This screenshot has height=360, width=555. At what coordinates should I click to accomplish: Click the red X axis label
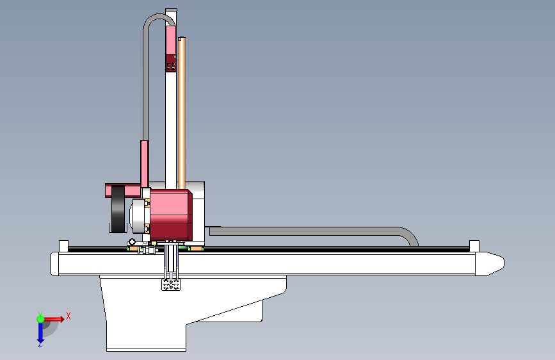click(x=68, y=316)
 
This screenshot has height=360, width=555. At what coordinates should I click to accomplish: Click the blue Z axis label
click(x=40, y=344)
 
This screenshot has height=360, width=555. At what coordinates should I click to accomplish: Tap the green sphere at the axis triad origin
click(x=40, y=319)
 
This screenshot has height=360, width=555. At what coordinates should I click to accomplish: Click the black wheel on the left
click(x=118, y=209)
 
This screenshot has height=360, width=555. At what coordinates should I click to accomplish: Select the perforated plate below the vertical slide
click(x=171, y=284)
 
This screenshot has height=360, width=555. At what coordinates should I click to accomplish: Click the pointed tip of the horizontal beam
click(x=504, y=263)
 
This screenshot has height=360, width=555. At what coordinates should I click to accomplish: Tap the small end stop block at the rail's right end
click(x=474, y=246)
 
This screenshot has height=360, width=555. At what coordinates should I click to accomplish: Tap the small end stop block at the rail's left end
click(x=63, y=246)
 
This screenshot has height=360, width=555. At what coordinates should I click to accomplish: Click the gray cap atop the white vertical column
click(x=171, y=10)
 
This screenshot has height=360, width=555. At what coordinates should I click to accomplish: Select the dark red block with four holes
click(x=172, y=63)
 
